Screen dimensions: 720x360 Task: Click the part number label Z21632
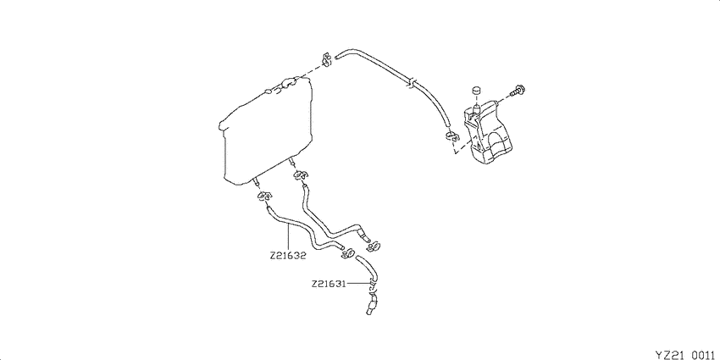288,256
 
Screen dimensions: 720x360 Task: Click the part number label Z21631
329,284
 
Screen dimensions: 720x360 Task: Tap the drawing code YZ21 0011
684,354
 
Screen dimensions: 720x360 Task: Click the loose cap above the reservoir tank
476,91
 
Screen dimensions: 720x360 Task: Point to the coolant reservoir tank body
489,133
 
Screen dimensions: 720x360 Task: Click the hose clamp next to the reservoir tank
451,136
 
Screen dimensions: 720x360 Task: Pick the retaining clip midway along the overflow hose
412,82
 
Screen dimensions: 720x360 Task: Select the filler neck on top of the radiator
288,84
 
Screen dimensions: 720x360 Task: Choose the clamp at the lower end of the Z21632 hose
348,252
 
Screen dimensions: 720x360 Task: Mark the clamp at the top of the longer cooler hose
301,175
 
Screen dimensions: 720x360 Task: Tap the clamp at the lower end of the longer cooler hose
374,247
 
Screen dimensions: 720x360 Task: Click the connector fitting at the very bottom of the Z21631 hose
372,307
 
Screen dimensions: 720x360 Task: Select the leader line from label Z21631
358,284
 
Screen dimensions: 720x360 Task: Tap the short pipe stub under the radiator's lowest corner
255,183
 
